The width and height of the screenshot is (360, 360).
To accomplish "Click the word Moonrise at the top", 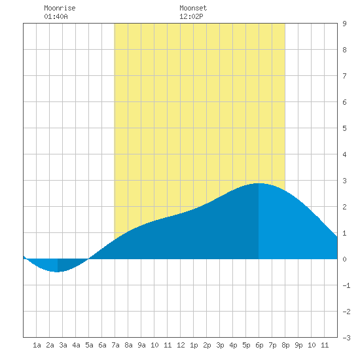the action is click(60, 8).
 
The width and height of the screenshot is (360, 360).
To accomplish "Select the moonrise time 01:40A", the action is click(56, 16).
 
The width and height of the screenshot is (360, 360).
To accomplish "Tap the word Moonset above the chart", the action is click(193, 8).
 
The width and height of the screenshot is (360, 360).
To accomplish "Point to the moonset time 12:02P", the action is click(191, 16).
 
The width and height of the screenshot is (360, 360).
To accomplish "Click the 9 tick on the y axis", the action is click(344, 24).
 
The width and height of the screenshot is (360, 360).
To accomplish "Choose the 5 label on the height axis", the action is click(344, 128).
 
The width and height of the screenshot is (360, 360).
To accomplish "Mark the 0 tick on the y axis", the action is click(344, 259).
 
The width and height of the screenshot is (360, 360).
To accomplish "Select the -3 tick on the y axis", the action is click(346, 338).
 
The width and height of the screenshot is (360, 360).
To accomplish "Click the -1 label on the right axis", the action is click(346, 285).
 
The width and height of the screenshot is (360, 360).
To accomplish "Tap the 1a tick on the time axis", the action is click(37, 345).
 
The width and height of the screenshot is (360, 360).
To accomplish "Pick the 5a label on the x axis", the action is click(89, 345).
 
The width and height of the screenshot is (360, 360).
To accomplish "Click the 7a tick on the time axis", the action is click(115, 345).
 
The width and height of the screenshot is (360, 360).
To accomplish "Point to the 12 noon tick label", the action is click(181, 345).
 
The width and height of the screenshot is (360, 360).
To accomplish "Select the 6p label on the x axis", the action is click(259, 345).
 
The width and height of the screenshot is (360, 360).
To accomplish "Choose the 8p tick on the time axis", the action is click(285, 345).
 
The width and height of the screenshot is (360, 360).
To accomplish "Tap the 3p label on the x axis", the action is click(220, 345).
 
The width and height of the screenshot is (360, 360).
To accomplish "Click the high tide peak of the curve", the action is click(259, 183).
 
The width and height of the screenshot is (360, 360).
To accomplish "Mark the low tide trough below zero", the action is click(57, 272).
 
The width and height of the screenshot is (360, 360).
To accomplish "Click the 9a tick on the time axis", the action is click(141, 345).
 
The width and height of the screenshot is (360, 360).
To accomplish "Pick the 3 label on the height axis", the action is click(344, 181).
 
